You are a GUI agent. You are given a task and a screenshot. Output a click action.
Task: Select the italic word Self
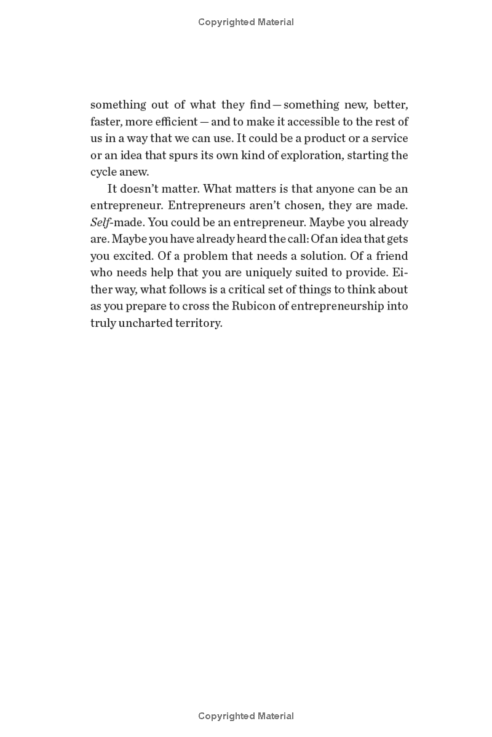pyautogui.click(x=100, y=222)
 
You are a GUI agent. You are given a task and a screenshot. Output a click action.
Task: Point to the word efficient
pyautogui.click(x=175, y=122)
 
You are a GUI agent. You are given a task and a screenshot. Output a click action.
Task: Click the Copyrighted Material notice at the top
pyautogui.click(x=246, y=22)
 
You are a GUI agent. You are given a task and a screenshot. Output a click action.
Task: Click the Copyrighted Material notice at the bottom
pyautogui.click(x=246, y=716)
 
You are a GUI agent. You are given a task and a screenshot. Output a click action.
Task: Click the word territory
pyautogui.click(x=199, y=322)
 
